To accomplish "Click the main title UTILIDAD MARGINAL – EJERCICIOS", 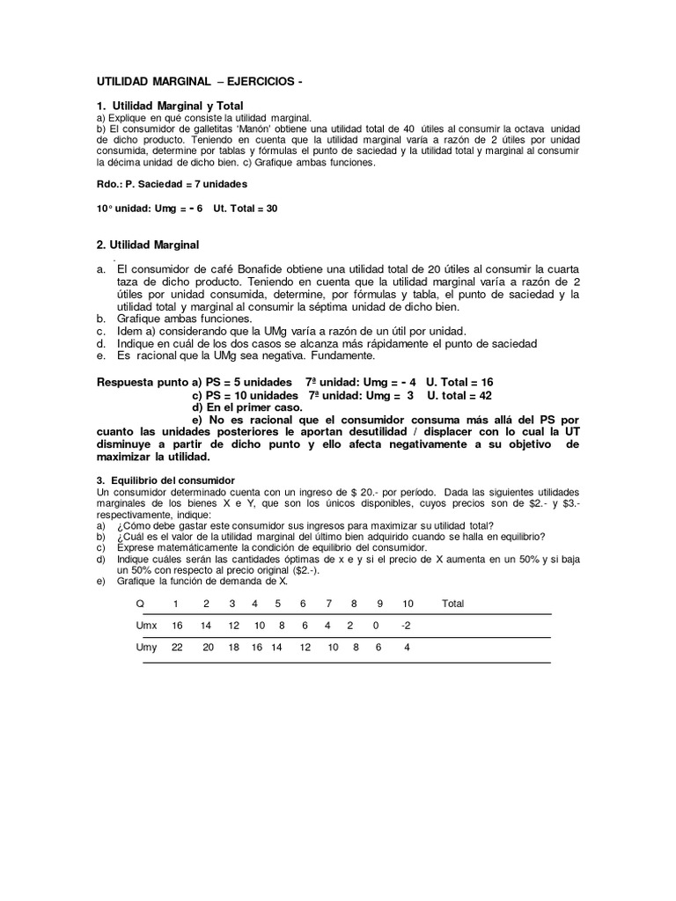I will coord(200,82).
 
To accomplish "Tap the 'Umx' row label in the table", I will coord(145,626).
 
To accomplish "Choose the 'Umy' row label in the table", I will coord(145,648).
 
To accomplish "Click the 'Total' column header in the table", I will coord(452,604).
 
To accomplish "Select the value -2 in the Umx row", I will coord(406,626).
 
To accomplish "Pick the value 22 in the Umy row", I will coord(176,648).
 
